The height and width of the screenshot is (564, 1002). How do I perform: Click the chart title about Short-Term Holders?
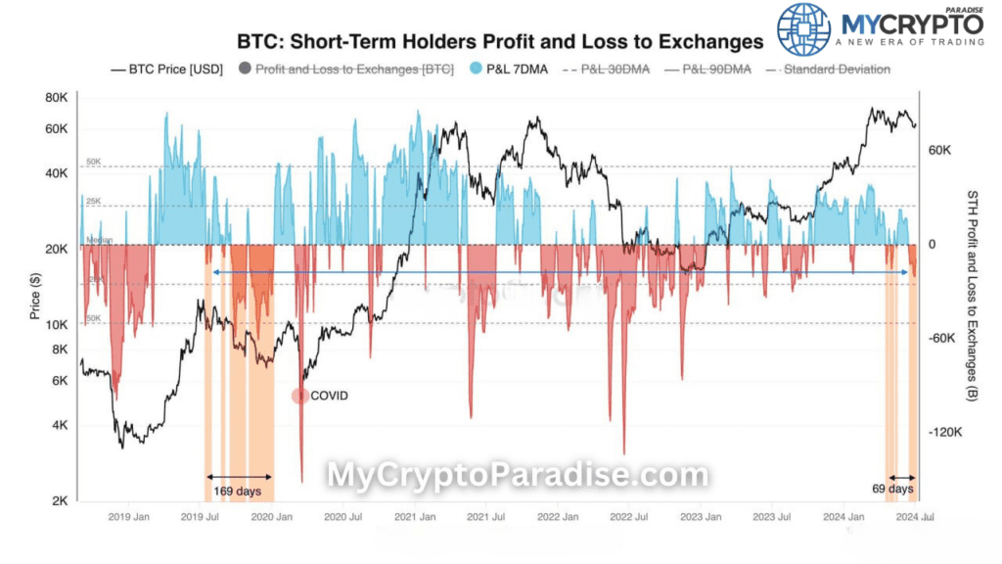click(x=500, y=42)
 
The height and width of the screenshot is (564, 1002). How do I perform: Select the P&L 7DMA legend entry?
click(x=508, y=69)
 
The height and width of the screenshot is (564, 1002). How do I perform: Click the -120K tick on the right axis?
click(x=946, y=432)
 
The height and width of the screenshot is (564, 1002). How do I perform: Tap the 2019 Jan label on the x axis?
click(x=128, y=517)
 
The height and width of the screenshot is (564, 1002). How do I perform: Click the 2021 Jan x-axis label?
click(x=414, y=517)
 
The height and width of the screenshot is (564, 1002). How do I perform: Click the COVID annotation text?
click(x=329, y=396)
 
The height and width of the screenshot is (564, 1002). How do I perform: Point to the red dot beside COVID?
click(x=300, y=396)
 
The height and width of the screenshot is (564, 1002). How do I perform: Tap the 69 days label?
click(x=892, y=488)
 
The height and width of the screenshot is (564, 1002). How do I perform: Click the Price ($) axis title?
click(x=35, y=297)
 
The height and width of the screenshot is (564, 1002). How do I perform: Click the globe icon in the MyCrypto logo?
click(x=804, y=28)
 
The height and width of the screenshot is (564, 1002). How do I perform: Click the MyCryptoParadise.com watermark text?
click(x=517, y=476)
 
